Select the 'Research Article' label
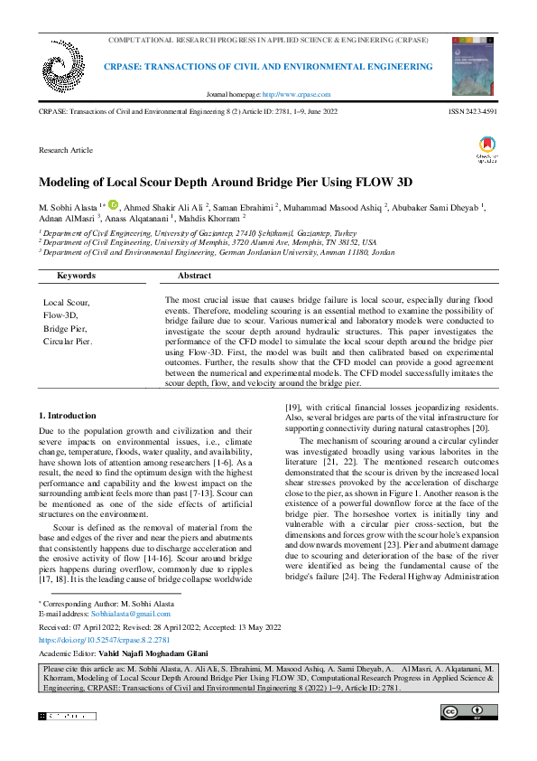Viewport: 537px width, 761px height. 65,149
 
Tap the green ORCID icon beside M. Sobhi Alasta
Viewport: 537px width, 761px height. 113,205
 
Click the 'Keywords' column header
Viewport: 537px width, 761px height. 76,275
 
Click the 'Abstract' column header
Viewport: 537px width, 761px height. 194,275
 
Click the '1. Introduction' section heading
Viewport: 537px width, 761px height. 67,415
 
